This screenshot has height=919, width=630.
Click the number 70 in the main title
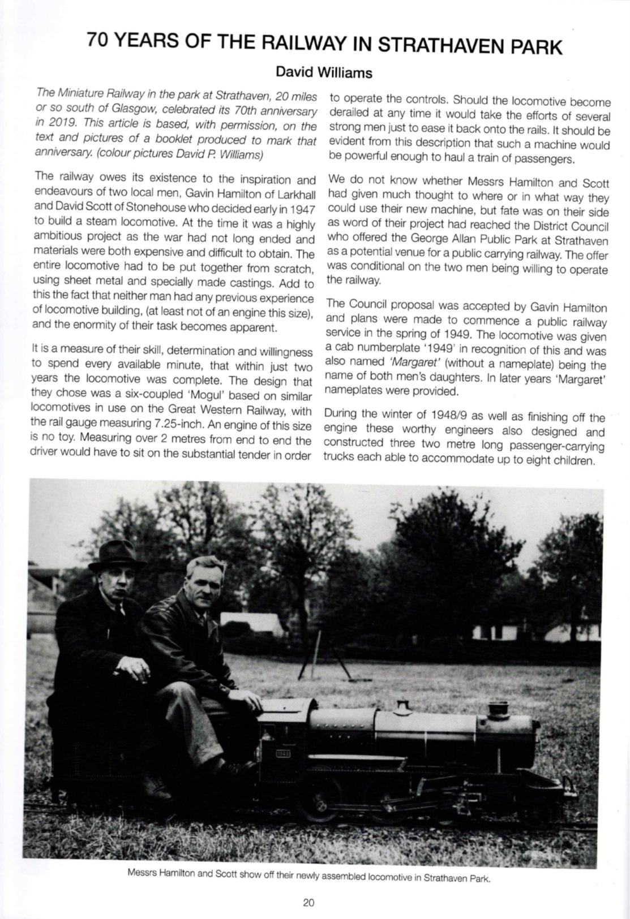101,42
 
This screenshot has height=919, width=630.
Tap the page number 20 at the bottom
308,903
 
